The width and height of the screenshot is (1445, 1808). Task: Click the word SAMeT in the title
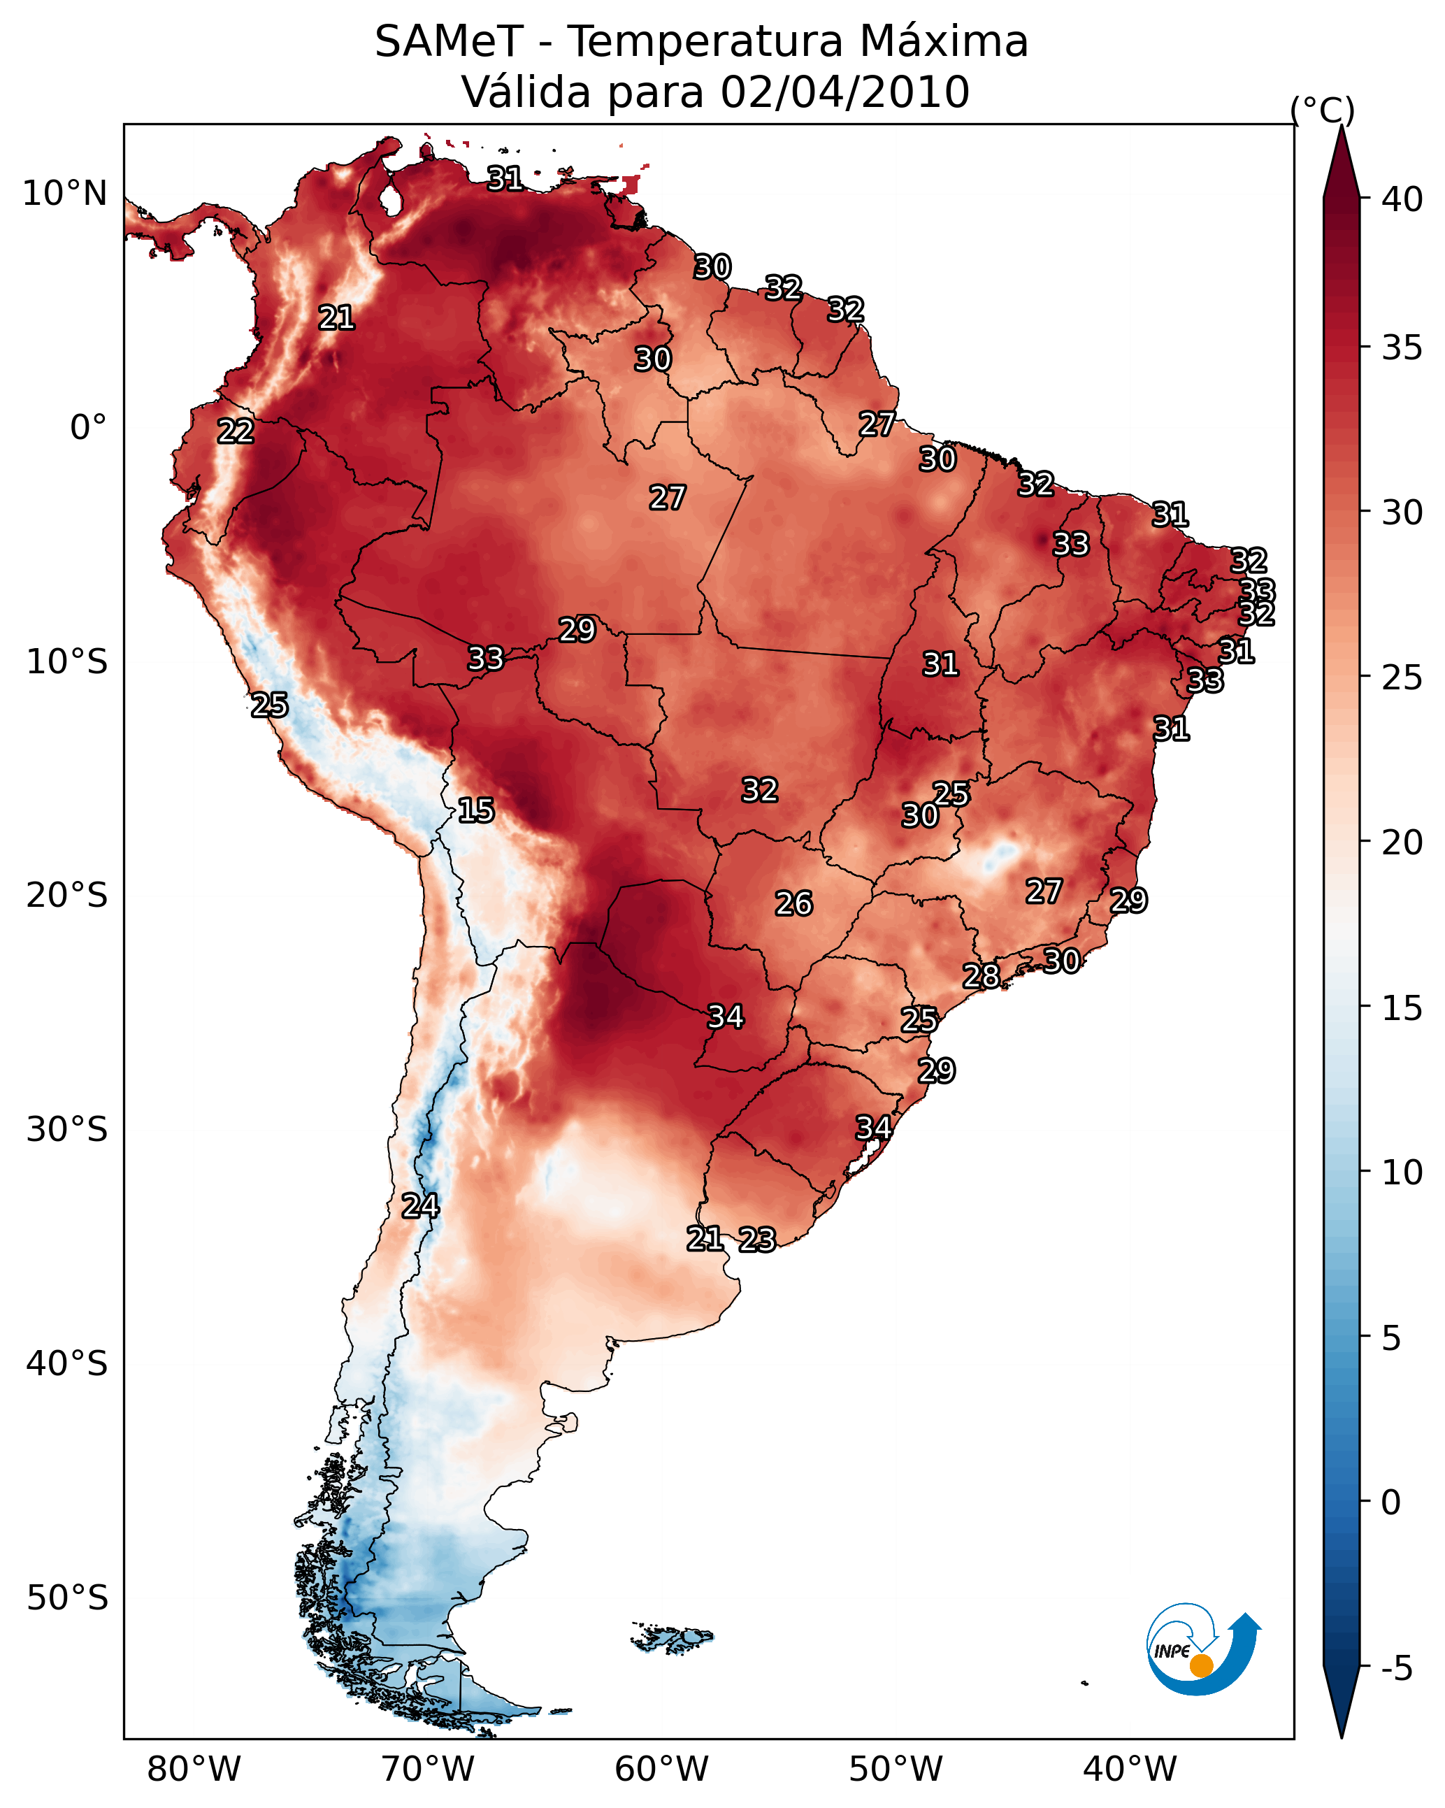[x=449, y=42]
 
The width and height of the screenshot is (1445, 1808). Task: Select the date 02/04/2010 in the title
[x=844, y=92]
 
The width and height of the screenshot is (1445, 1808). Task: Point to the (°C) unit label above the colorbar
[x=1322, y=110]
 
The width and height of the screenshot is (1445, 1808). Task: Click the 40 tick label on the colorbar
[x=1402, y=199]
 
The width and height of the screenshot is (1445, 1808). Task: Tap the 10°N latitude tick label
[x=64, y=194]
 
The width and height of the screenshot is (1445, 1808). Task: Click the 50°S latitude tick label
[x=67, y=1598]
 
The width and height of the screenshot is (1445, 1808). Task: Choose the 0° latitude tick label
[x=88, y=428]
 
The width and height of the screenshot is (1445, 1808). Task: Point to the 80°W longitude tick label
[x=194, y=1770]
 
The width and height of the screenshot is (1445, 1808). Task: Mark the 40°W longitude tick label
[x=1130, y=1770]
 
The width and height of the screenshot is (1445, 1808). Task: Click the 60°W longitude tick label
[x=662, y=1770]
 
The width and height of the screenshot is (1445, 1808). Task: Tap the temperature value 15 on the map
[x=475, y=810]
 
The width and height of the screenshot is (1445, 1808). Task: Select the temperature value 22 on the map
[x=236, y=431]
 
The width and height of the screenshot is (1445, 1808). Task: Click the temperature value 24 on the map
[x=420, y=1206]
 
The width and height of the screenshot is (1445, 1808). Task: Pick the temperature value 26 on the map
[x=793, y=903]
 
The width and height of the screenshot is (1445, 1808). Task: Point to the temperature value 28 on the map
[x=982, y=975]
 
